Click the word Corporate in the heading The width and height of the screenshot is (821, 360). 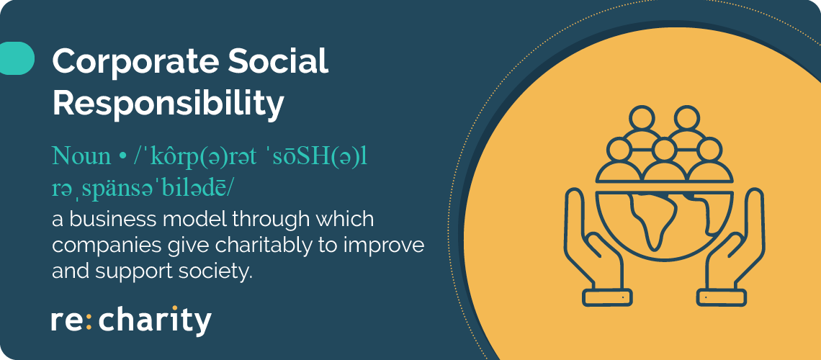click(135, 62)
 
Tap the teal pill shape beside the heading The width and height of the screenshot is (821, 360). click(17, 58)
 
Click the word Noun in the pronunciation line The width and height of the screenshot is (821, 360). click(81, 157)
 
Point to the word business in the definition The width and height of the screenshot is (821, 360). click(121, 220)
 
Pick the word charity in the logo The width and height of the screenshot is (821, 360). click(155, 320)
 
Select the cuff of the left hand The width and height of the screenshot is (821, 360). click(607, 297)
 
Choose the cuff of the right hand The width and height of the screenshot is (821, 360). click(722, 297)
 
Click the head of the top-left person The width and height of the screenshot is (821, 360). click(642, 118)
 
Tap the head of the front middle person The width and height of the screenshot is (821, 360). click(665, 150)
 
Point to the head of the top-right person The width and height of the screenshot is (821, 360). click(687, 118)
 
